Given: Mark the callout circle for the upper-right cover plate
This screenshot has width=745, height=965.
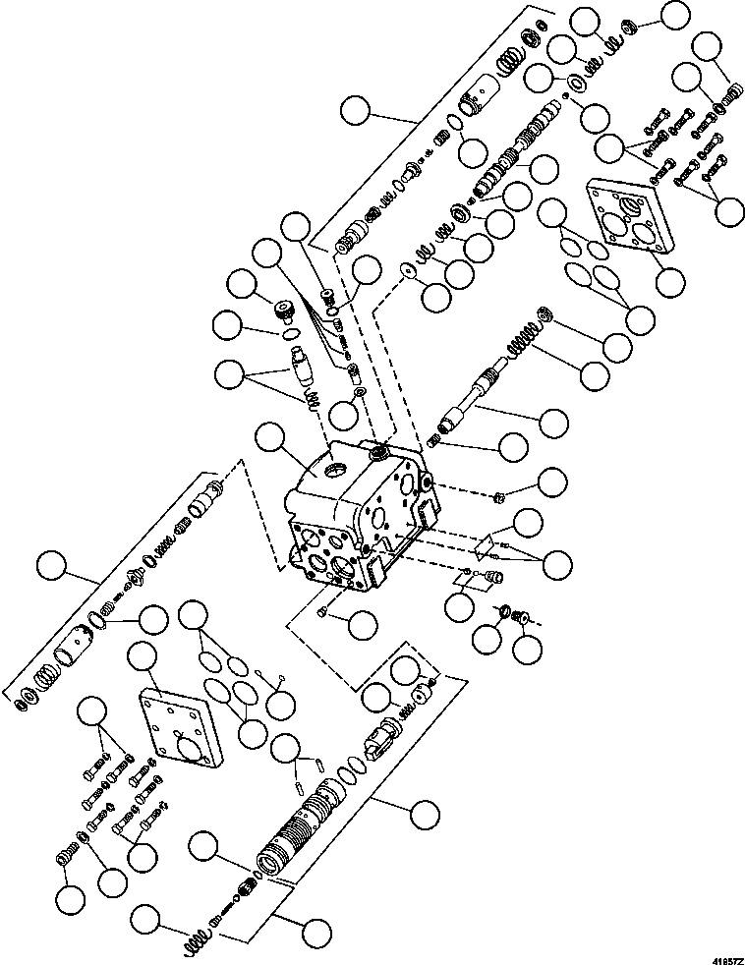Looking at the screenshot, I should [x=671, y=282].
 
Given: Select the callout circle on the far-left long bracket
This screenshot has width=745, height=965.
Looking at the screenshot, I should [x=51, y=567].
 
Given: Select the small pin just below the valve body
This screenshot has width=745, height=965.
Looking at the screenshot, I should [x=324, y=613].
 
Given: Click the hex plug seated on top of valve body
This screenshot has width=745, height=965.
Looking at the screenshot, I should [x=375, y=453].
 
